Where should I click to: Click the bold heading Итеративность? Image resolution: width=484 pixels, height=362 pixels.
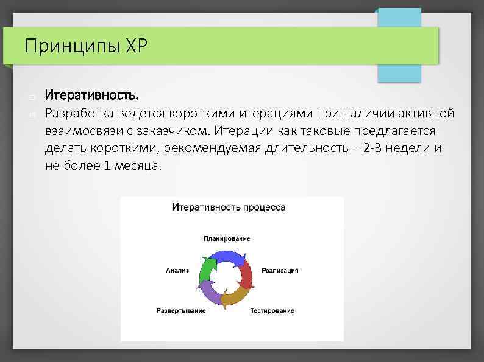(91, 96)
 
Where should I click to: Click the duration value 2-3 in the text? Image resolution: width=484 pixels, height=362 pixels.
(373, 148)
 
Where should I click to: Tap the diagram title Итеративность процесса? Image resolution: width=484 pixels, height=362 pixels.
(229, 207)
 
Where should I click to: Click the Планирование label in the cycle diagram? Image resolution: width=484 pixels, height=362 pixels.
(227, 239)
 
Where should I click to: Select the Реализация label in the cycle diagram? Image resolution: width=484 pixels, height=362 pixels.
(280, 270)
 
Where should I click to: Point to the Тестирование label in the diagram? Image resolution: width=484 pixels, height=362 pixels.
(271, 310)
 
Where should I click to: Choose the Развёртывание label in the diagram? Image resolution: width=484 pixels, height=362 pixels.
(181, 310)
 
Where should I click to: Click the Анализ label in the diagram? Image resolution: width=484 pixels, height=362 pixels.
(177, 270)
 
